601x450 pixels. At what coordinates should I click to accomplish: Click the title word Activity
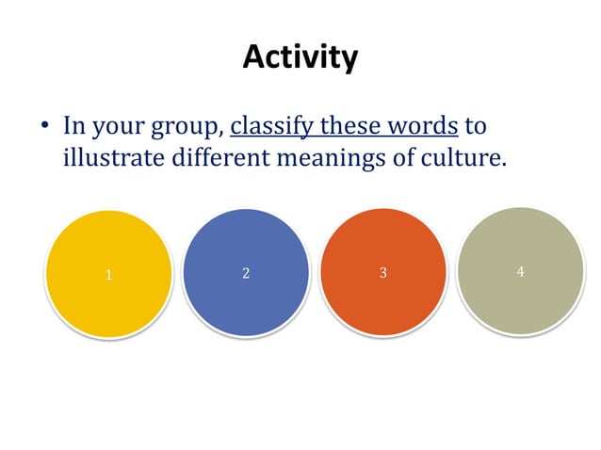[300, 57]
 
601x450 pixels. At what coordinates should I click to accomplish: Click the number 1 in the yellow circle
[109, 276]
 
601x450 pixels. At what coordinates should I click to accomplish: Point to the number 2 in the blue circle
[246, 274]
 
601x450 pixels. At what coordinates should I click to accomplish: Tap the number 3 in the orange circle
[382, 274]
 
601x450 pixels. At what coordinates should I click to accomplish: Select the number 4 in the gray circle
[520, 272]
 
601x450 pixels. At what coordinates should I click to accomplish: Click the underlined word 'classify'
[273, 125]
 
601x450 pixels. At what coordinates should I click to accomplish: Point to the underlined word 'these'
[355, 124]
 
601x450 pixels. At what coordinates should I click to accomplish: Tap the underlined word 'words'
[426, 124]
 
